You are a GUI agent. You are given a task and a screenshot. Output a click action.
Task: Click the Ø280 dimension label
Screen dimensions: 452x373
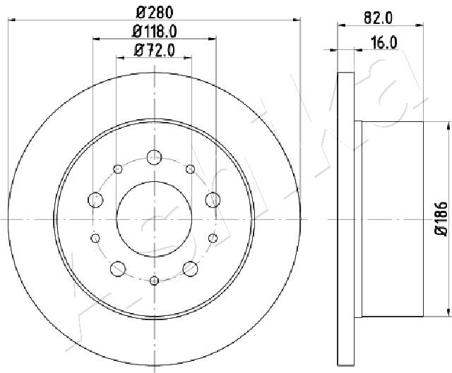click(x=155, y=13)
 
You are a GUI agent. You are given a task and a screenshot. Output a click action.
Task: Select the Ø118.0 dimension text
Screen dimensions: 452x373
click(x=154, y=31)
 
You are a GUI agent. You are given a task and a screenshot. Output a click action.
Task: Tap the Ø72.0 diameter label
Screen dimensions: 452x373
click(x=155, y=50)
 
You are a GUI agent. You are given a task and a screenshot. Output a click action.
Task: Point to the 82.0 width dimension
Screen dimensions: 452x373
click(x=379, y=18)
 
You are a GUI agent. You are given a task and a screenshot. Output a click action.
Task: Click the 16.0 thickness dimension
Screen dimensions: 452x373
click(x=384, y=43)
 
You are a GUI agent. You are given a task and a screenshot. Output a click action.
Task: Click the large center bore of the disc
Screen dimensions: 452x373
click(x=154, y=219)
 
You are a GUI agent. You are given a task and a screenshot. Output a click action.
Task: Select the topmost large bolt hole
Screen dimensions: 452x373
click(x=154, y=157)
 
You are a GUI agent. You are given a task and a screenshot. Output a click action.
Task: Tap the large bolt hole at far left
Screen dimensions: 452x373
click(x=95, y=200)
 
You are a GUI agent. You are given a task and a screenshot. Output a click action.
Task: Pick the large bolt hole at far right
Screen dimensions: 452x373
click(x=213, y=200)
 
